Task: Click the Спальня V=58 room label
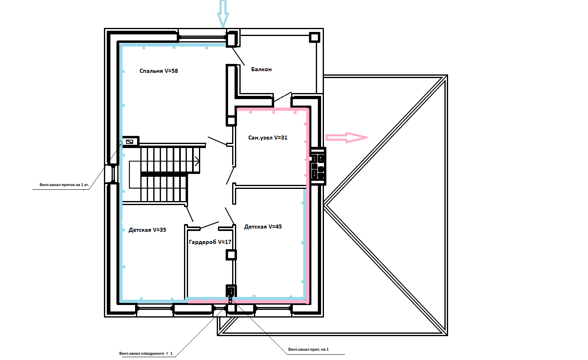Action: click(x=159, y=71)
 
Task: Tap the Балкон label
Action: click(x=261, y=69)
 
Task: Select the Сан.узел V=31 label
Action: click(x=268, y=138)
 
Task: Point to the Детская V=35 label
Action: click(x=147, y=230)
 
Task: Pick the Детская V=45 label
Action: click(x=263, y=227)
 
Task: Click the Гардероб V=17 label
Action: click(x=210, y=242)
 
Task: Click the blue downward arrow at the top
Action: click(x=223, y=14)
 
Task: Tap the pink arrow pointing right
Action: click(x=347, y=138)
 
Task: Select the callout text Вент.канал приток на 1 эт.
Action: click(x=64, y=185)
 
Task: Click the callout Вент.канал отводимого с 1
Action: click(x=146, y=354)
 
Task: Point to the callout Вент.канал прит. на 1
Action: click(x=309, y=349)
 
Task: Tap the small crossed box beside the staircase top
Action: click(x=130, y=142)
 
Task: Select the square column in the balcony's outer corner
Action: click(x=314, y=37)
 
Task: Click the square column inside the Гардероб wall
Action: click(x=231, y=255)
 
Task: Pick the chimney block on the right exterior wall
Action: click(x=318, y=166)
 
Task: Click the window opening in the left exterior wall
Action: click(x=113, y=173)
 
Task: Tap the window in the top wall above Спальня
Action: click(x=202, y=37)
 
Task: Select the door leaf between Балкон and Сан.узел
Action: click(x=282, y=97)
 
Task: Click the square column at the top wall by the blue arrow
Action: click(x=232, y=39)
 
